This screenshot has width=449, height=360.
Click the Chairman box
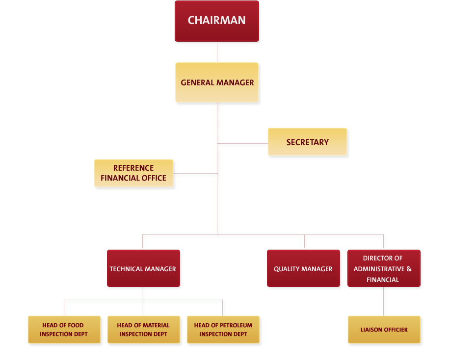tap(216, 21)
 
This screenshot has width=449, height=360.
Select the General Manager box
tap(217, 82)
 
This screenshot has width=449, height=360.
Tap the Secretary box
tap(307, 142)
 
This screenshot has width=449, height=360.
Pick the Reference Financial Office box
tap(133, 173)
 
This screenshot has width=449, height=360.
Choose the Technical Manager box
tap(143, 269)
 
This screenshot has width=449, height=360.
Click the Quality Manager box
tap(303, 269)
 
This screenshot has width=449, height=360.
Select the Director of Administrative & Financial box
tap(383, 269)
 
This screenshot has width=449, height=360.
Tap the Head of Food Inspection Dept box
tap(64, 329)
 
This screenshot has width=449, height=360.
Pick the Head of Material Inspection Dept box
tap(143, 329)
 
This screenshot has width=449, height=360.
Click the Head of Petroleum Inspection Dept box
tap(223, 329)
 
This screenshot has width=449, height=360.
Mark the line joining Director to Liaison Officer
tap(384, 302)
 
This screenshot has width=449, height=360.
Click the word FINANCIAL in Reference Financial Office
tap(119, 178)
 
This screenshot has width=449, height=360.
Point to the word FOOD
tap(76, 325)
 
